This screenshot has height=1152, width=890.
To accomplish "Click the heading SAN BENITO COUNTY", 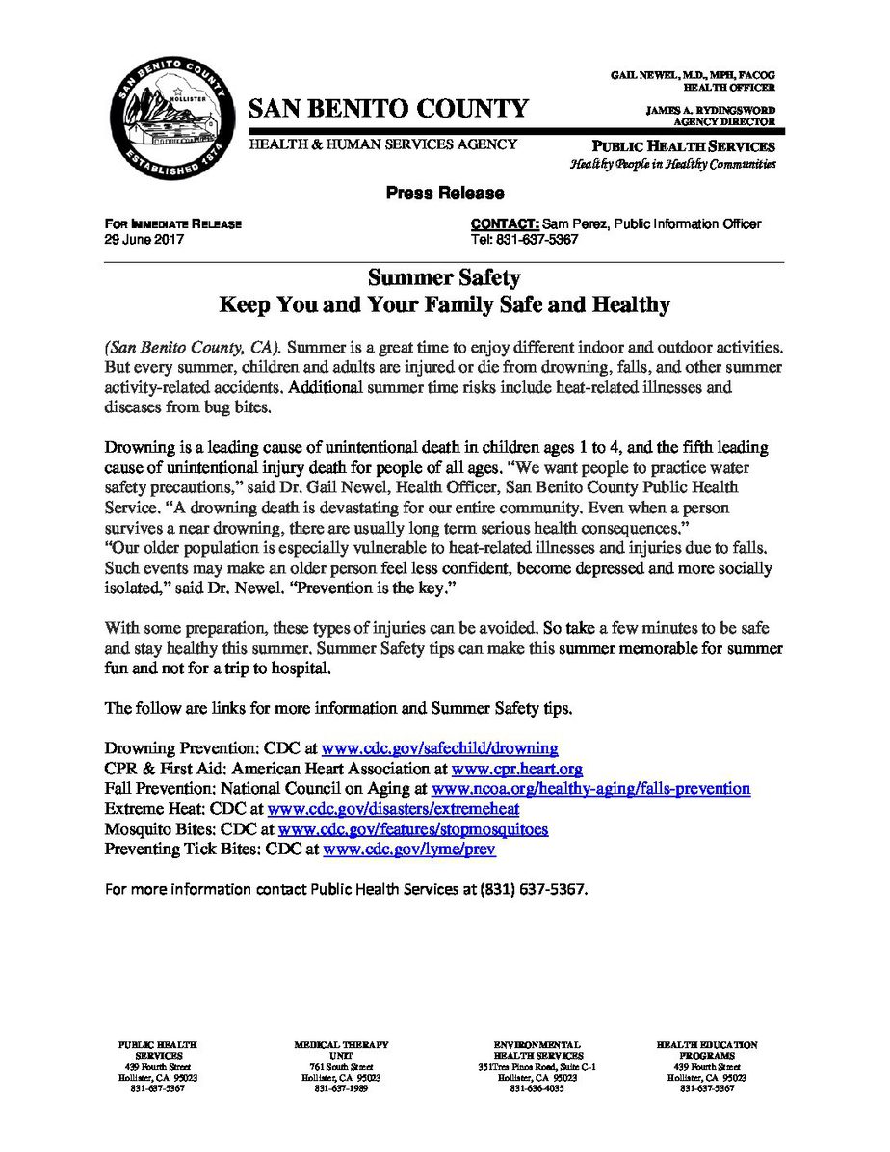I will (388, 108).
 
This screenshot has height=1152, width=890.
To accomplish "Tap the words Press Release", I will (445, 194).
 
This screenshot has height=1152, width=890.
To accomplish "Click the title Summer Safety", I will (444, 278).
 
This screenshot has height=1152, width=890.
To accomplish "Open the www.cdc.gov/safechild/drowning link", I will (439, 747).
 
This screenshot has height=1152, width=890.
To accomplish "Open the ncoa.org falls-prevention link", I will (591, 787).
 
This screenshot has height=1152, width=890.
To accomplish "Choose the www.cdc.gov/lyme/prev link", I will (409, 848).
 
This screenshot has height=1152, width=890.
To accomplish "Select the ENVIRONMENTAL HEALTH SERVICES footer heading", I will (537, 1049).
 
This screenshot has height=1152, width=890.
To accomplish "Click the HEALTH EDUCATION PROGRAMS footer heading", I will (707, 1049).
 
